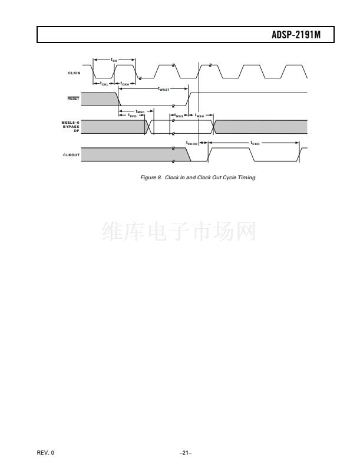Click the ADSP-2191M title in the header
(x=300, y=36)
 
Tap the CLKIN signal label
(x=74, y=73)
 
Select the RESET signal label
(x=74, y=99)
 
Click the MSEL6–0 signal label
(x=71, y=123)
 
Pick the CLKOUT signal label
(x=73, y=155)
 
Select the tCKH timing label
(x=125, y=84)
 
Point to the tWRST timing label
(x=164, y=90)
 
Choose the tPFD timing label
(x=132, y=115)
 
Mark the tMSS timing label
(x=180, y=116)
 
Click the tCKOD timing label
(x=191, y=143)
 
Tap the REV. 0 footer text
(x=44, y=452)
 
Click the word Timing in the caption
(x=247, y=177)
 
